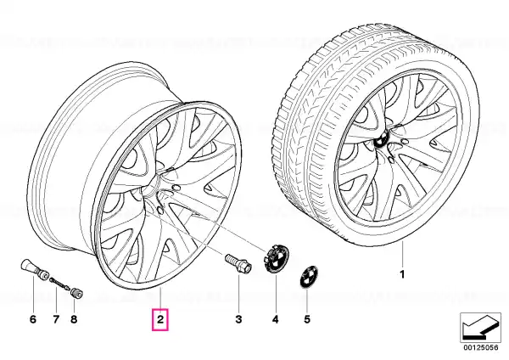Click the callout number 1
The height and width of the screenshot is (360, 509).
[402, 274]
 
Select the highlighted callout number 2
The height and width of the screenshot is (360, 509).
[160, 319]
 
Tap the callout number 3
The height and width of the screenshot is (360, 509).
[238, 319]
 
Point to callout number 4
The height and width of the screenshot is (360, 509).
[275, 319]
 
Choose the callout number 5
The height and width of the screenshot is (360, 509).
[307, 319]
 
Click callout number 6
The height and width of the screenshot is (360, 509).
[33, 319]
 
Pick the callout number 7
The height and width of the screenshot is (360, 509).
[56, 319]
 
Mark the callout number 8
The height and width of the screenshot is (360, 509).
[74, 319]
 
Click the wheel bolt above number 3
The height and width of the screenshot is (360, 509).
[238, 262]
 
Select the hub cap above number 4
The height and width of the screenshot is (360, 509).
[276, 259]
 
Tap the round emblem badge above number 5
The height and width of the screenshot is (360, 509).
[309, 277]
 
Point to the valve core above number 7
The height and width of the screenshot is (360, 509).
[59, 283]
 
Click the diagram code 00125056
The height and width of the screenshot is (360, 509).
[480, 347]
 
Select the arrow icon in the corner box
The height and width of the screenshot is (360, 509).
[480, 328]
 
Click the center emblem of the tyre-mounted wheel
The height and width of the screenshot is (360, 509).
[380, 141]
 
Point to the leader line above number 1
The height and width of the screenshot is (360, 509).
[402, 255]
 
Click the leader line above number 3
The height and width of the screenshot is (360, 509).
[238, 290]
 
